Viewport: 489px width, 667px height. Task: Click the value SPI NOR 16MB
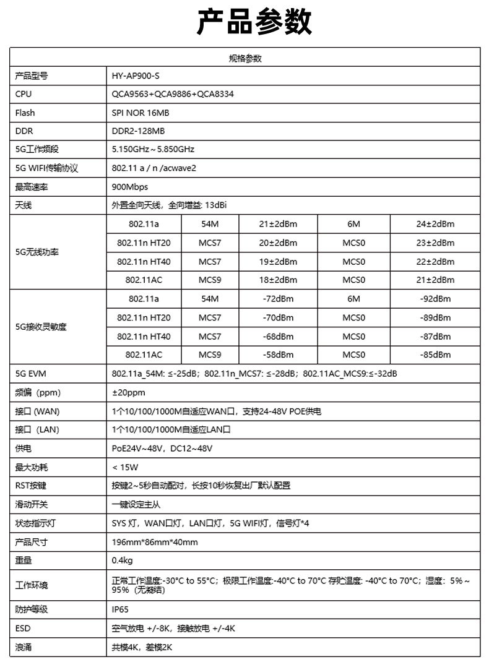[141, 113]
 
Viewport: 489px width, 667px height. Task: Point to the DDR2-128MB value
[138, 131]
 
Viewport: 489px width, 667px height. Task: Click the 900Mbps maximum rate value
[130, 187]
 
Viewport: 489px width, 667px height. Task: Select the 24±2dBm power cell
[435, 224]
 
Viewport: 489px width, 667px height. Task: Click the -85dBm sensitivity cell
[435, 355]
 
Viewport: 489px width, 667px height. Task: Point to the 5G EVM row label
[31, 374]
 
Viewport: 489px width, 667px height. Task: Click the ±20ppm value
[129, 392]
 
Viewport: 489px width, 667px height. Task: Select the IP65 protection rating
[120, 609]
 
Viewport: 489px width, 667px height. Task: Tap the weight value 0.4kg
[122, 561]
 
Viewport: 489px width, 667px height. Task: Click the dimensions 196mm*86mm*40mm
[155, 542]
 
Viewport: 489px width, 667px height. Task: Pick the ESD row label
[22, 628]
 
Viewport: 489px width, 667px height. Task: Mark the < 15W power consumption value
[126, 467]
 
